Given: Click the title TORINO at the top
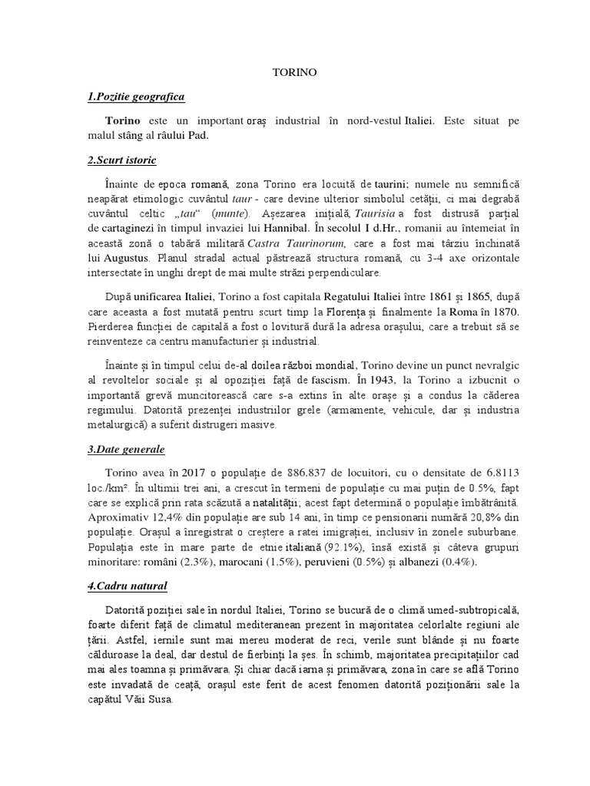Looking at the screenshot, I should click(x=294, y=72).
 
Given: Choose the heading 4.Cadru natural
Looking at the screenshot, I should click(x=127, y=586).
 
